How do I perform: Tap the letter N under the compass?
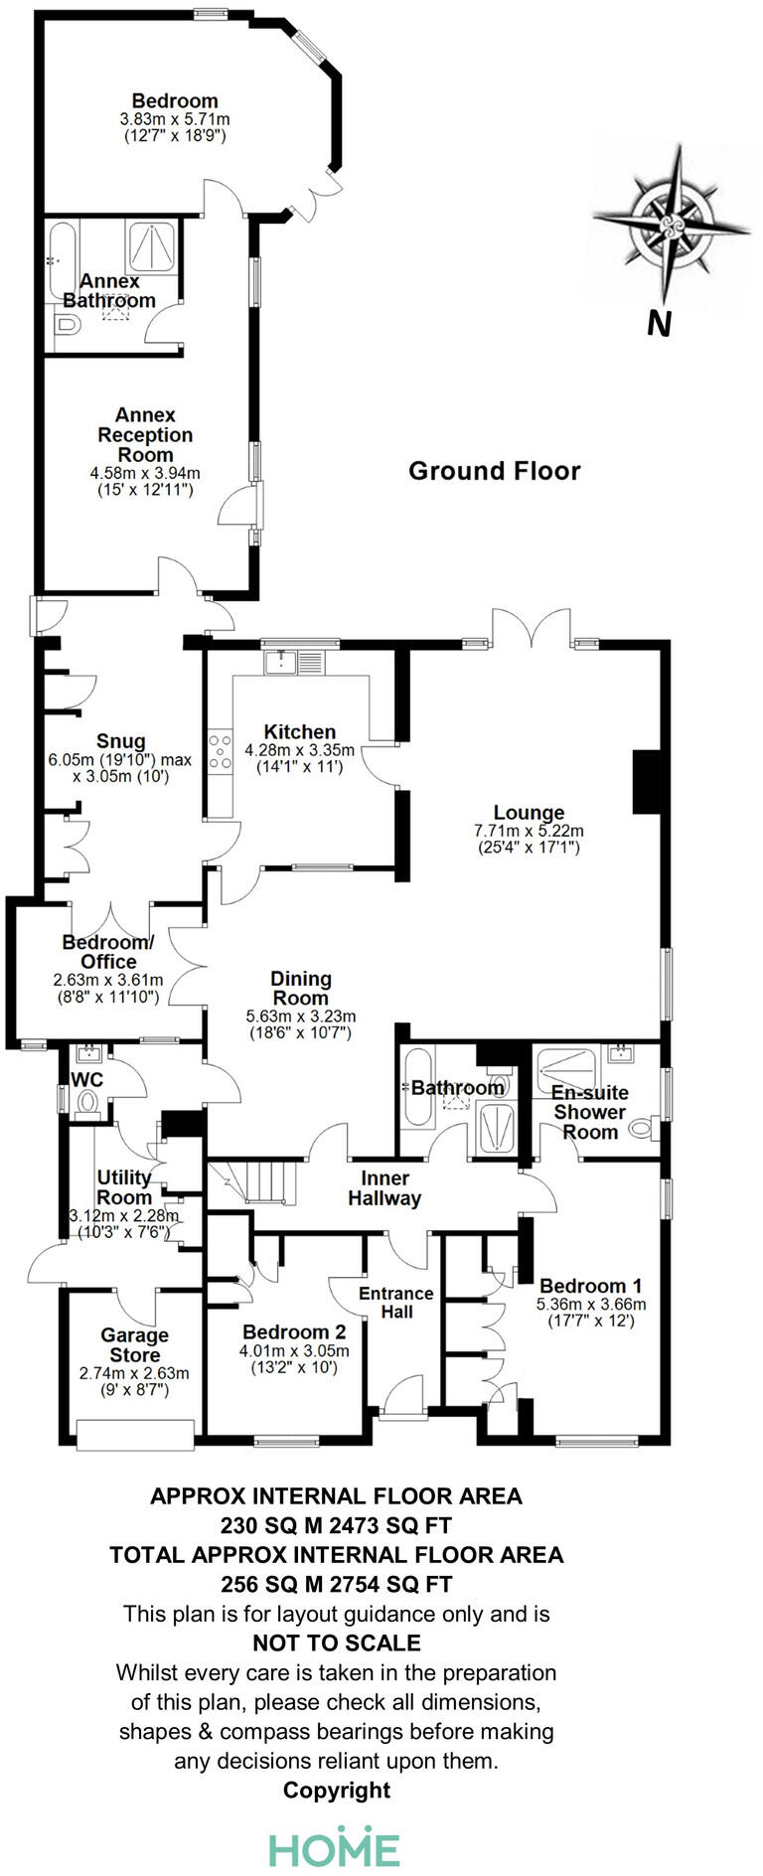click(658, 323)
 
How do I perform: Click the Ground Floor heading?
click(494, 471)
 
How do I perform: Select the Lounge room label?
click(529, 813)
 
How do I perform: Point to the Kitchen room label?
click(299, 731)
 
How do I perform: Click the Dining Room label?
click(300, 988)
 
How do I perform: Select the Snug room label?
click(121, 741)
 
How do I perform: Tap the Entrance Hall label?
click(395, 1302)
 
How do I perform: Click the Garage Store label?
click(134, 1345)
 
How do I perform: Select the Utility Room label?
click(124, 1186)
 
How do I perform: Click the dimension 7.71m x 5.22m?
click(529, 831)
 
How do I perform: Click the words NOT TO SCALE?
click(337, 1643)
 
